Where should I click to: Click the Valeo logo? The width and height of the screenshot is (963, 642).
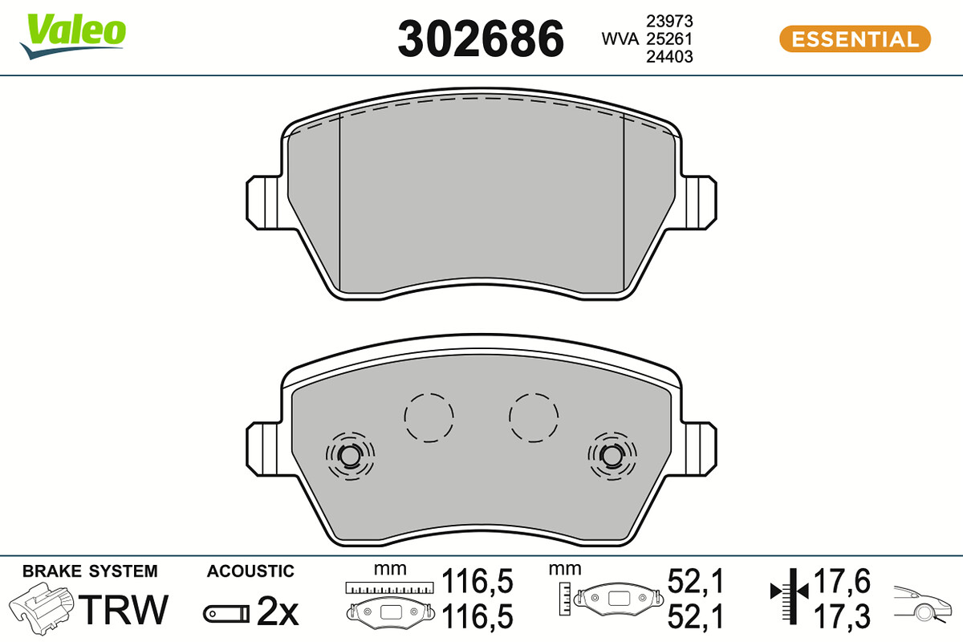point(73,36)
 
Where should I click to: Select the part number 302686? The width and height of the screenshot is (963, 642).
point(481,39)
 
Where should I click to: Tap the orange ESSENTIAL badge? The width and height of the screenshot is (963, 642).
point(855,39)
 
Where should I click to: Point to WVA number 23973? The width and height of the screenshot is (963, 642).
point(669,21)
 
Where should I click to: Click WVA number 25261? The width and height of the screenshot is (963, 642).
point(669,39)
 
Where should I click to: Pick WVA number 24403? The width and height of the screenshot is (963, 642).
point(669,57)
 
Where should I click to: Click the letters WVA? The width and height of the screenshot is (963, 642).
point(620,39)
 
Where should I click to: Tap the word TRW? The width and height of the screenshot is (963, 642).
point(123,609)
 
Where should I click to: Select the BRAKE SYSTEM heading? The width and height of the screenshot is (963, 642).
point(90,571)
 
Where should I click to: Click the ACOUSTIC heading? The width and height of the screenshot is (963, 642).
point(250,571)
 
